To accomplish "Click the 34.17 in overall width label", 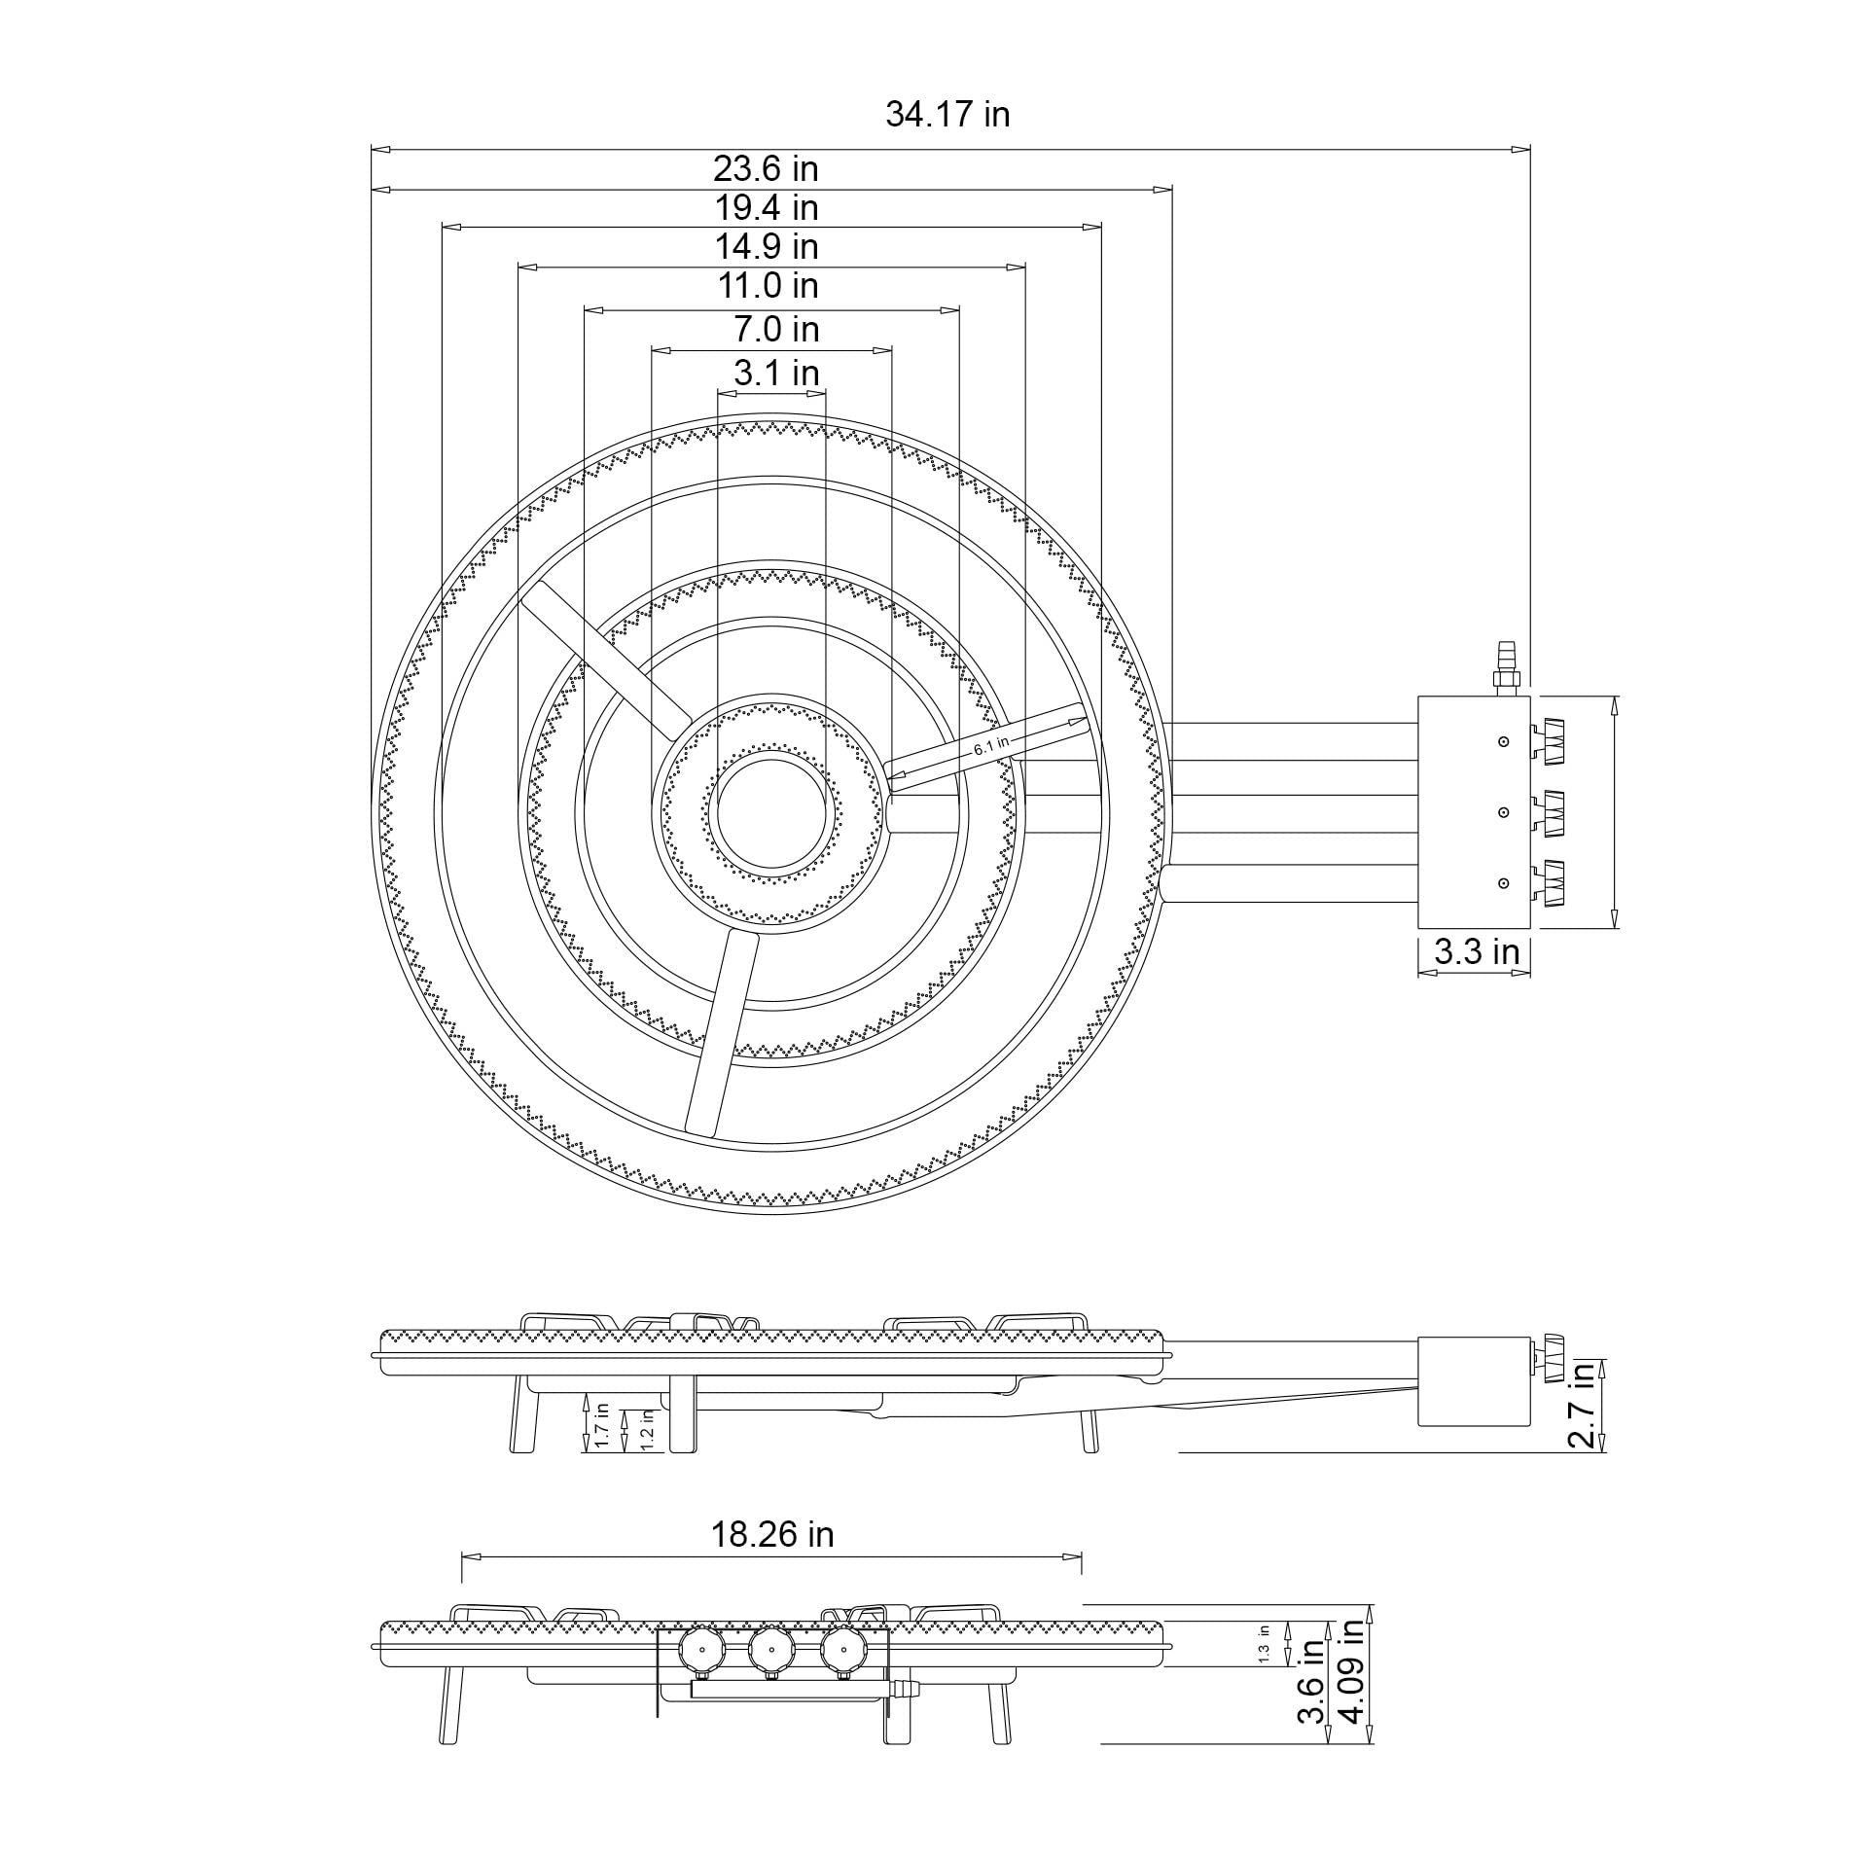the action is pyautogui.click(x=947, y=115).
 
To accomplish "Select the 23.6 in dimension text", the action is pyautogui.click(x=766, y=168).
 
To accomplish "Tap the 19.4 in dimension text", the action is pyautogui.click(x=766, y=207).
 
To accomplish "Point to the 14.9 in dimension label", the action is pyautogui.click(x=766, y=246).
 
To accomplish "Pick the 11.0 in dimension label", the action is pyautogui.click(x=768, y=285).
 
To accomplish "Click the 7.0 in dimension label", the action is pyautogui.click(x=775, y=329).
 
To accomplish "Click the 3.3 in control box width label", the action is pyautogui.click(x=1476, y=950).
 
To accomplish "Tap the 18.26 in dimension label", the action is pyautogui.click(x=771, y=1534).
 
